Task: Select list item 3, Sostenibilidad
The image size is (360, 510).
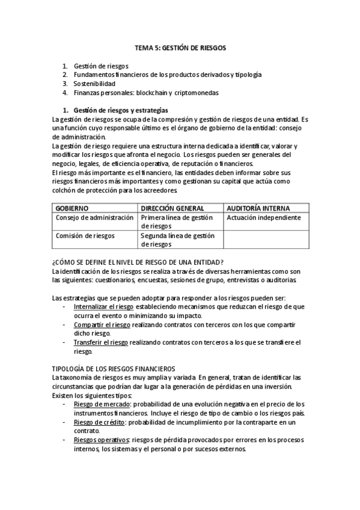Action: pos(94,84)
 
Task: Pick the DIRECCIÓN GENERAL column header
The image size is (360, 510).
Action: pos(171,207)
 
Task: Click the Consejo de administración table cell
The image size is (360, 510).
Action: pos(94,217)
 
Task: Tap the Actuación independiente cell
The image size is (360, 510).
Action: pos(264,217)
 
